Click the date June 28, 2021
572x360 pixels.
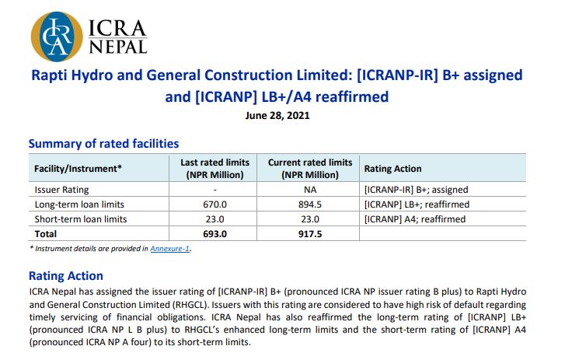coord(277,116)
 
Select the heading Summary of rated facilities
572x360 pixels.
coord(103,144)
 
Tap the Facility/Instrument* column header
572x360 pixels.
coord(78,169)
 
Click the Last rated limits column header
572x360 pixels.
coord(214,169)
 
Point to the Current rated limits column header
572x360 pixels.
coord(309,169)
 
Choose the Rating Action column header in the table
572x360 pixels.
coord(392,169)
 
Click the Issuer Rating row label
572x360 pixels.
coord(62,189)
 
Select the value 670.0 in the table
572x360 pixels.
coord(214,204)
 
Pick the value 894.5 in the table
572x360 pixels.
coord(309,204)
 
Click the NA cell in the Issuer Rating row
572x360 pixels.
coord(309,189)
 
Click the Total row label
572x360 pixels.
coord(47,233)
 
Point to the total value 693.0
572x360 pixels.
coord(214,233)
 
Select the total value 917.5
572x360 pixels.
coord(309,233)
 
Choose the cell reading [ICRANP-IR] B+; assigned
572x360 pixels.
coord(416,189)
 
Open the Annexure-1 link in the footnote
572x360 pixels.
coord(170,249)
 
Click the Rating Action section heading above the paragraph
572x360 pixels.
coord(65,276)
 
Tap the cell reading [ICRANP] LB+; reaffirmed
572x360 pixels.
coord(417,204)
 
